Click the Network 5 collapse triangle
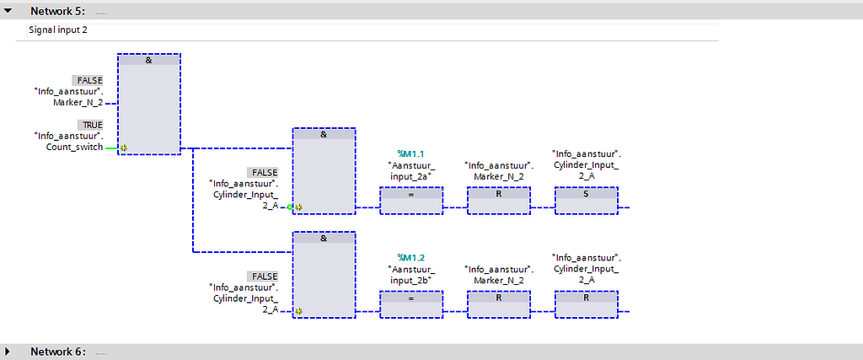point(8,11)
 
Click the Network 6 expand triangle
point(8,351)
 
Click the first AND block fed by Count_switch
point(148,104)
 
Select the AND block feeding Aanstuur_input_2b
point(324,274)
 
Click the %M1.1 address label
point(411,154)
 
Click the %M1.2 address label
point(411,258)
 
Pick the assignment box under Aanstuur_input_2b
point(411,304)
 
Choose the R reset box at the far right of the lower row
point(586,304)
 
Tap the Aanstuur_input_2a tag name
point(411,171)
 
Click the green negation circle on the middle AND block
point(290,207)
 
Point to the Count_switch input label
point(74,147)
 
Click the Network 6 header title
point(57,351)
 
